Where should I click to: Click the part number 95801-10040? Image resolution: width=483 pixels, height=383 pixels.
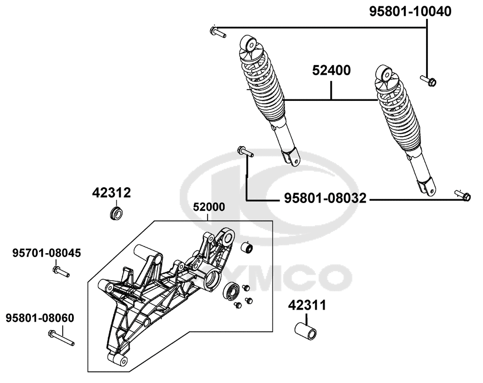click(411, 12)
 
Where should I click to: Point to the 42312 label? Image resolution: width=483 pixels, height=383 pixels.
click(112, 193)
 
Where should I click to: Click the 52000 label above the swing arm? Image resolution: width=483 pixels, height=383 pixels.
click(209, 207)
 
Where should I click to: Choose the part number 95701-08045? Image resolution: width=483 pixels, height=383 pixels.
click(46, 253)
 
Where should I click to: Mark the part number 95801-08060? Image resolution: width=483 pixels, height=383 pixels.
click(40, 318)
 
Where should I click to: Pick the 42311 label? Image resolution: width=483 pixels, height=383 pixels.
click(307, 305)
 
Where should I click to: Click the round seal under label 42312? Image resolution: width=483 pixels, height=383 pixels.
click(115, 212)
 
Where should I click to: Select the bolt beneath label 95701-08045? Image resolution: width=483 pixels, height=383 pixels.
click(61, 272)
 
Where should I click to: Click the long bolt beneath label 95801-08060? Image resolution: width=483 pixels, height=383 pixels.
click(61, 338)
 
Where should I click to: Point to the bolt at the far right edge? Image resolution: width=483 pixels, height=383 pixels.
click(462, 195)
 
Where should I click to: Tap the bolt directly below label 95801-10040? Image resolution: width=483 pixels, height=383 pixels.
click(428, 81)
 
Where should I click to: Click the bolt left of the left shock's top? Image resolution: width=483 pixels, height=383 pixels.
click(218, 33)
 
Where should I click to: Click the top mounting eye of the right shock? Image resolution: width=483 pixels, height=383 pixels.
click(386, 74)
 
